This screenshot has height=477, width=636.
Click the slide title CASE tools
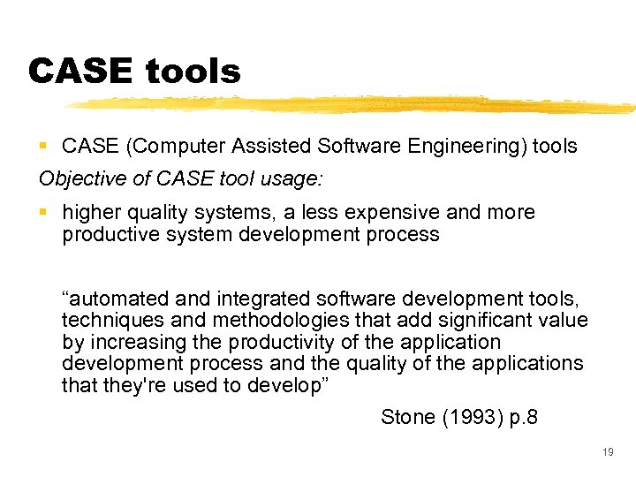tap(134, 71)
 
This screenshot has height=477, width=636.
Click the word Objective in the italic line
tap(77, 178)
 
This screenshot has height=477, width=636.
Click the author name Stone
tap(409, 417)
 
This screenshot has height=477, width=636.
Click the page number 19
tap(607, 453)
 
